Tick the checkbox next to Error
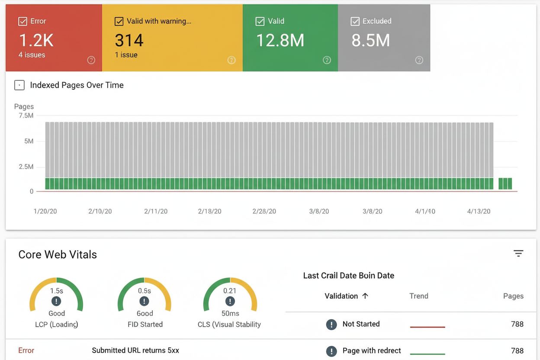pos(22,21)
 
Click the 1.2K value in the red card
pos(36,40)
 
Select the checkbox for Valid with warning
pos(119,21)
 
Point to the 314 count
pos(129,40)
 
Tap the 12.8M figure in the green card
pos(280,40)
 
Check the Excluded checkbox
pos(355,21)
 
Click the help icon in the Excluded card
pos(419,60)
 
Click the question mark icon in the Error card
pos(91,60)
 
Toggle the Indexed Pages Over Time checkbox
pos(19,85)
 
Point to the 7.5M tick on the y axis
pos(26,116)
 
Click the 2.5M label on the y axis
pos(26,167)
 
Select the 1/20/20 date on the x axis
pos(45,211)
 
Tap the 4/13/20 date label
pos(479,211)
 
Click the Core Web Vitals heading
pos(58,254)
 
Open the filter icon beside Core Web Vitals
pos(518,254)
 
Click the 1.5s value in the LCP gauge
pos(56,291)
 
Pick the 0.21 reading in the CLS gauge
pos(230,291)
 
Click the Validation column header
pos(341,296)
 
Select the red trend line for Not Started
pos(427,327)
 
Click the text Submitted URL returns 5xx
pos(135,350)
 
